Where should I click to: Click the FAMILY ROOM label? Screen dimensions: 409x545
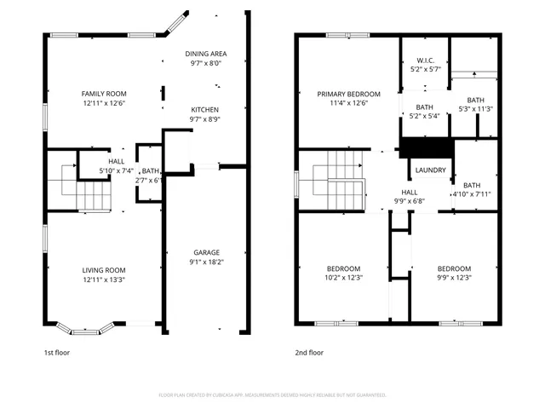(103, 93)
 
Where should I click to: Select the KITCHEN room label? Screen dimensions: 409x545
(204, 110)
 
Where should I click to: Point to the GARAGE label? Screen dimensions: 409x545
(206, 252)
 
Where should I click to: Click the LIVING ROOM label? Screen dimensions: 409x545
(103, 269)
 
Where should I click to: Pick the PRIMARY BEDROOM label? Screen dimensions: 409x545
(348, 94)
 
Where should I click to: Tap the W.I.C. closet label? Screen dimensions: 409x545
(426, 60)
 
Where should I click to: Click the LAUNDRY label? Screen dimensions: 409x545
(431, 170)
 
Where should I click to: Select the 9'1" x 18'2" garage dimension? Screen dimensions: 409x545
(206, 262)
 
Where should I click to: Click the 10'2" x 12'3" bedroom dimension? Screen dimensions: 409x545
(344, 278)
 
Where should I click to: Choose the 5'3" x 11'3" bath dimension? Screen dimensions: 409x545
(475, 108)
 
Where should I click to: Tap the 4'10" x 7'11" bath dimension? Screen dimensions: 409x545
(471, 194)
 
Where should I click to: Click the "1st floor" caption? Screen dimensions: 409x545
(58, 352)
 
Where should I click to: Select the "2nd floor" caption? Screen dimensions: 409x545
(309, 352)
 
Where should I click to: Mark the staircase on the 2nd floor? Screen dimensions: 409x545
(338, 177)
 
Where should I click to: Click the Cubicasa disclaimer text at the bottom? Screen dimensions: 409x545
(272, 395)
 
